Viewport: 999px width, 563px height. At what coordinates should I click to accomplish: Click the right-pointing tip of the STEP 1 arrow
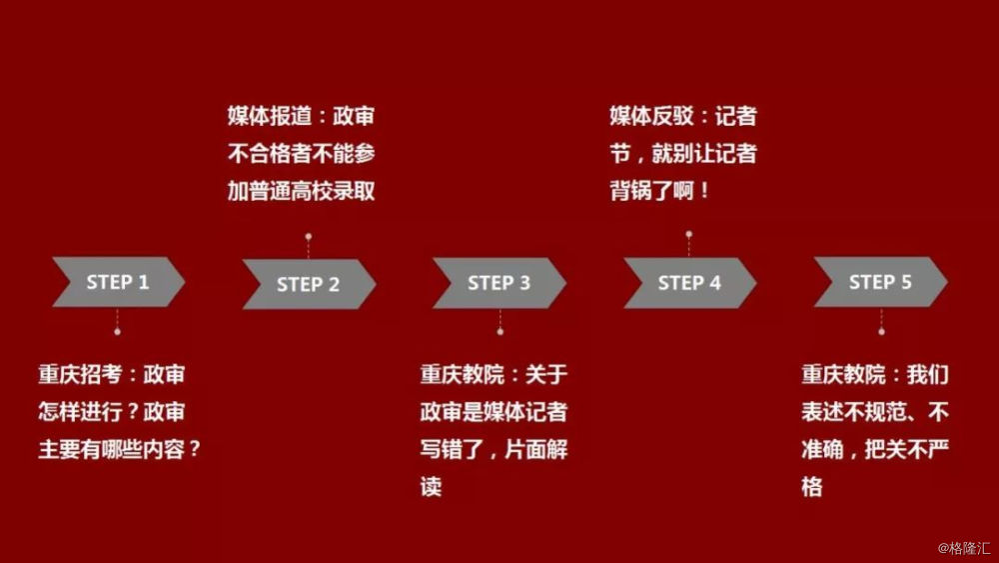tap(185, 281)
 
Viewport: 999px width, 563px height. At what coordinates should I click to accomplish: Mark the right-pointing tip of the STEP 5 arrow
tap(947, 281)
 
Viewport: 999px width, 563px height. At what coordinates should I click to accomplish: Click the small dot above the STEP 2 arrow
tap(309, 237)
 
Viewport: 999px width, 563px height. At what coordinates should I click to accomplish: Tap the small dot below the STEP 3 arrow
tap(500, 332)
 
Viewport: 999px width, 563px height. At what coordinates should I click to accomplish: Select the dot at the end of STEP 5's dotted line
tap(881, 332)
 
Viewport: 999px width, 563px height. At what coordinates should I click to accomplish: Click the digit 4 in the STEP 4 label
tap(715, 282)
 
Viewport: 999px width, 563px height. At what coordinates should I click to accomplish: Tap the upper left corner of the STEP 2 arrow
tap(243, 260)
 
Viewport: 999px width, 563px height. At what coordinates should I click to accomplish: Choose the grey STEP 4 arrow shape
tap(690, 283)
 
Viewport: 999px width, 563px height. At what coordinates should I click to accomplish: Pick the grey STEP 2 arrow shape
tap(309, 284)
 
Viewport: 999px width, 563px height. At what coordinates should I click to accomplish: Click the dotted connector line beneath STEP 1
tap(117, 318)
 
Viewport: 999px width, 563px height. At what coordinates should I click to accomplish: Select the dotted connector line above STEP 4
tap(688, 247)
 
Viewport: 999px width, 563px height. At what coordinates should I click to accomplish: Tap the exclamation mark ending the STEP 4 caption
tap(704, 190)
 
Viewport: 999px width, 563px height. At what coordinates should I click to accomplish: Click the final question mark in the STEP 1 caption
tap(195, 449)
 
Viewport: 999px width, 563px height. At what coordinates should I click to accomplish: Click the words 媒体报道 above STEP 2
tap(270, 116)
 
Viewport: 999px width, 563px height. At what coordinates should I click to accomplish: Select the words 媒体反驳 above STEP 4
tap(651, 116)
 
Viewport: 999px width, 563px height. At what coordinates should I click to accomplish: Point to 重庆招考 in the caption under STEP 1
tap(80, 374)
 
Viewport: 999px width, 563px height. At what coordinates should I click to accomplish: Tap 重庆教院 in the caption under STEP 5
tap(843, 374)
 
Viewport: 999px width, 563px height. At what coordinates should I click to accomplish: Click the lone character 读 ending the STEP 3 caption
tap(431, 486)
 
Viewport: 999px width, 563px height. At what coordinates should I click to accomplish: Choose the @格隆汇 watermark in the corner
tap(964, 548)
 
